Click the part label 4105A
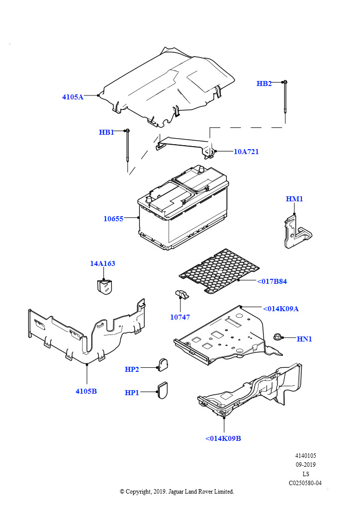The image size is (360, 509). pyautogui.click(x=73, y=97)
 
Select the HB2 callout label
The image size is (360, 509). pyautogui.click(x=264, y=84)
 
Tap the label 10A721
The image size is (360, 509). pyautogui.click(x=246, y=152)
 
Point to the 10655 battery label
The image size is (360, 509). pyautogui.click(x=113, y=219)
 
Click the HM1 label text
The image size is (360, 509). pyautogui.click(x=294, y=199)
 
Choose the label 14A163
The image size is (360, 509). pyautogui.click(x=102, y=263)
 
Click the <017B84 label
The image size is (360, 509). pyautogui.click(x=272, y=281)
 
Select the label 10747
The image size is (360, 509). pyautogui.click(x=180, y=317)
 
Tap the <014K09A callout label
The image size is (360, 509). pyautogui.click(x=281, y=309)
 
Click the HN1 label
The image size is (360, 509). pyautogui.click(x=304, y=339)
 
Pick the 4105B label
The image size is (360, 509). pyautogui.click(x=86, y=391)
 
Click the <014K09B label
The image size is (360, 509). pyautogui.click(x=223, y=438)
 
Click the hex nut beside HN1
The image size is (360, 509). pyautogui.click(x=277, y=337)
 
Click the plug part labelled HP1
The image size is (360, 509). pyautogui.click(x=162, y=390)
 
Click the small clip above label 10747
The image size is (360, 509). pyautogui.click(x=182, y=295)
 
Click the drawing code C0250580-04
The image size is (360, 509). pyautogui.click(x=305, y=483)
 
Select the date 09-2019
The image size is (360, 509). pyautogui.click(x=305, y=465)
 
